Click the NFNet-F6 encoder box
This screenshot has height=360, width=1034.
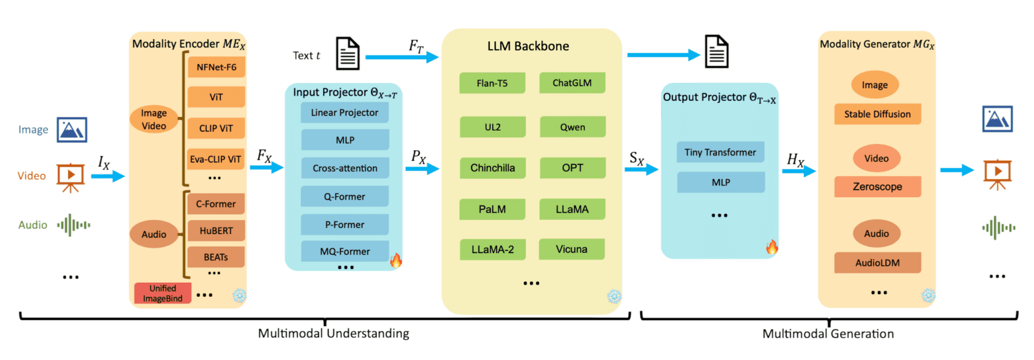[x=217, y=68]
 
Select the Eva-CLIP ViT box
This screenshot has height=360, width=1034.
[x=217, y=159]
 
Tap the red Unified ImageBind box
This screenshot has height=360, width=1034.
[x=162, y=293]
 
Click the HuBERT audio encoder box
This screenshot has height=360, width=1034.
[x=217, y=230]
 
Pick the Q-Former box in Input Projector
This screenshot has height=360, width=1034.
[x=345, y=196]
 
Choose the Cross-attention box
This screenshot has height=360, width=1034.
[x=345, y=168]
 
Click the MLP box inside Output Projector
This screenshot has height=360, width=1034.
[x=720, y=182]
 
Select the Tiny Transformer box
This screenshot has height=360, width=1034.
[x=720, y=153]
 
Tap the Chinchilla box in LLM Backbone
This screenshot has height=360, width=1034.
[x=493, y=168]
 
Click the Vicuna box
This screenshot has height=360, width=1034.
[x=572, y=249]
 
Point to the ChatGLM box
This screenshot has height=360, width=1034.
[x=572, y=83]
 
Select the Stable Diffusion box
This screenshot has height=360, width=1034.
[x=877, y=114]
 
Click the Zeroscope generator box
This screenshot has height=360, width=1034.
[x=877, y=186]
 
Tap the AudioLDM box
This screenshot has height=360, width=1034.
[x=877, y=262]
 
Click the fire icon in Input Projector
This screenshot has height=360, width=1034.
[x=396, y=261]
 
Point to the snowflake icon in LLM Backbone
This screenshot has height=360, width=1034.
[x=613, y=296]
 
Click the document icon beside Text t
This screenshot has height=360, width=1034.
[x=347, y=53]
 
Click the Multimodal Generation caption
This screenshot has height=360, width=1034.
[x=828, y=333]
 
